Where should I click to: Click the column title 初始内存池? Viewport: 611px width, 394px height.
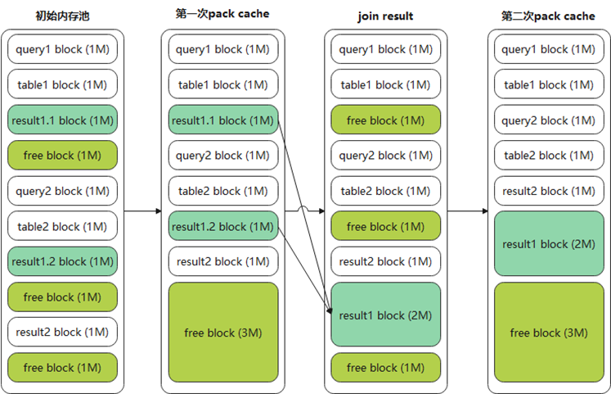[63, 15]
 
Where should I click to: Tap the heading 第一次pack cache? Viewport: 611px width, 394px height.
[222, 14]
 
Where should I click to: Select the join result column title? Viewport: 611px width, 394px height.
[385, 16]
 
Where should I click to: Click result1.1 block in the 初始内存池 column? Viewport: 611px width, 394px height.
[63, 120]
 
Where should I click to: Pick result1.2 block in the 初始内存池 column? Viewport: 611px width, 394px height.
[63, 260]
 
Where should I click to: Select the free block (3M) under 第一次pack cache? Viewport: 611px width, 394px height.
[223, 333]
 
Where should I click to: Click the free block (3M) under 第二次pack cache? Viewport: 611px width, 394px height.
[549, 333]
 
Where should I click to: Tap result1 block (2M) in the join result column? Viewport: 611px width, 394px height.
[385, 315]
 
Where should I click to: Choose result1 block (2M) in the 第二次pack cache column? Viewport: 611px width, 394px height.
[549, 244]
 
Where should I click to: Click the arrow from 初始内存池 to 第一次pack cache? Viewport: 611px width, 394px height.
[143, 211]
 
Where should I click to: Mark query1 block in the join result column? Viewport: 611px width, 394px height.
[385, 49]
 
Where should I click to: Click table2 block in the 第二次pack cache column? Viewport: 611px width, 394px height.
[549, 155]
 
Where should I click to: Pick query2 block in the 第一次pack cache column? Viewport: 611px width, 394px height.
[223, 155]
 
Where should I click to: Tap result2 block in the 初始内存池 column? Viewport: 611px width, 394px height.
[63, 332]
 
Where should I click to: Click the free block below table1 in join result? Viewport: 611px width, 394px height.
[385, 120]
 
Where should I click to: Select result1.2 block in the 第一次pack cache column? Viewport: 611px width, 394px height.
[223, 225]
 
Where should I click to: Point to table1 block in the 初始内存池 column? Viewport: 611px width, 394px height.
[63, 84]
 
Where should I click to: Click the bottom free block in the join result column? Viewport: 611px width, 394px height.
[385, 367]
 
